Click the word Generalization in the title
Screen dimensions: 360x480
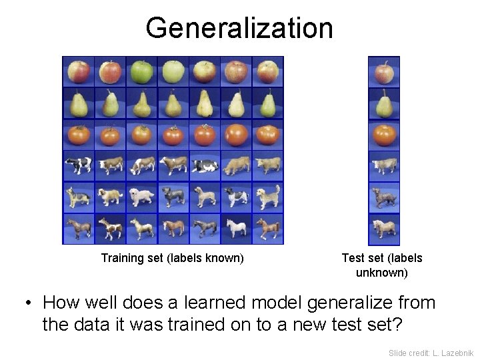239,28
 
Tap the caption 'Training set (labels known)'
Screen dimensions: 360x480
172,258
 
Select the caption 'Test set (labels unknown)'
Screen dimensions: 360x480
382,265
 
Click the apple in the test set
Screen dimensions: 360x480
384,72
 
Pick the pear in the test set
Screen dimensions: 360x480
384,104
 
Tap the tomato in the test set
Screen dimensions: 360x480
384,135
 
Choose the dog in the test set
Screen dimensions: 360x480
384,197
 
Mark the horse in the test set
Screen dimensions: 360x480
384,229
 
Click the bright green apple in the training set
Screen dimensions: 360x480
141,71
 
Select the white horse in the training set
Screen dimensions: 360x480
236,229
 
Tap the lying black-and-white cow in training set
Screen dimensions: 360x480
205,166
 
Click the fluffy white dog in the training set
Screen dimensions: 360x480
141,197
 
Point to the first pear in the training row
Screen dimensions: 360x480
78,104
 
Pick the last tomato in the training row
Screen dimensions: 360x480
267,135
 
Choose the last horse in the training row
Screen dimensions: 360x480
267,229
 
